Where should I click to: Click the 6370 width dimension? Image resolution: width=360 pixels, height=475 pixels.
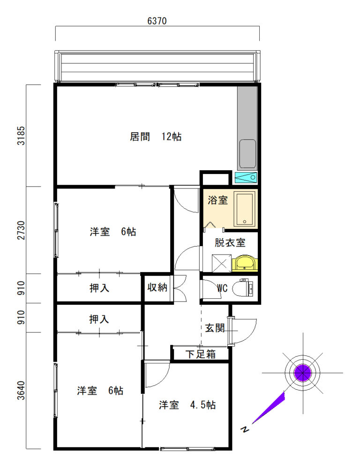[157, 21]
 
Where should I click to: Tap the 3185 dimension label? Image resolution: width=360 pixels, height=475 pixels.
[21, 136]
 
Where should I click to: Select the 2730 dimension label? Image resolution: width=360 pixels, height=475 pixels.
[21, 230]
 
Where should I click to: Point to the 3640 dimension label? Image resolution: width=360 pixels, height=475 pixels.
[21, 391]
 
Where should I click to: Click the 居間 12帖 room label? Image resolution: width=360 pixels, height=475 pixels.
[156, 136]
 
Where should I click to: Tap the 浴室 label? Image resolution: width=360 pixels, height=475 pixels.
[217, 200]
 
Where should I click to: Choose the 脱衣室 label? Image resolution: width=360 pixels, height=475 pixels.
[230, 242]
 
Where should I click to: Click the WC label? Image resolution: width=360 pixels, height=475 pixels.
[222, 288]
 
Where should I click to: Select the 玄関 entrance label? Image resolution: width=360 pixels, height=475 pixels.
[215, 328]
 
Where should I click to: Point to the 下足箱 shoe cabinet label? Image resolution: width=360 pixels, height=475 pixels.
[201, 354]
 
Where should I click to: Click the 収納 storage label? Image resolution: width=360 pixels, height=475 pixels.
[157, 287]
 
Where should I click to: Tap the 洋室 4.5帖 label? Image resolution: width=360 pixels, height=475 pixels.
[187, 405]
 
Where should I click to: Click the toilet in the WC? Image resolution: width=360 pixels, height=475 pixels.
[243, 288]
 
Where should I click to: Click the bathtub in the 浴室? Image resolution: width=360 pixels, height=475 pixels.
[245, 209]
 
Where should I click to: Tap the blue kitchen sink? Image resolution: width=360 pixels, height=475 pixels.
[246, 178]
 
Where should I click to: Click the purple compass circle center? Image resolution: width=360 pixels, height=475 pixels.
[302, 373]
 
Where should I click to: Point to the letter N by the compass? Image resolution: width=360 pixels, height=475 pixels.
[245, 429]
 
